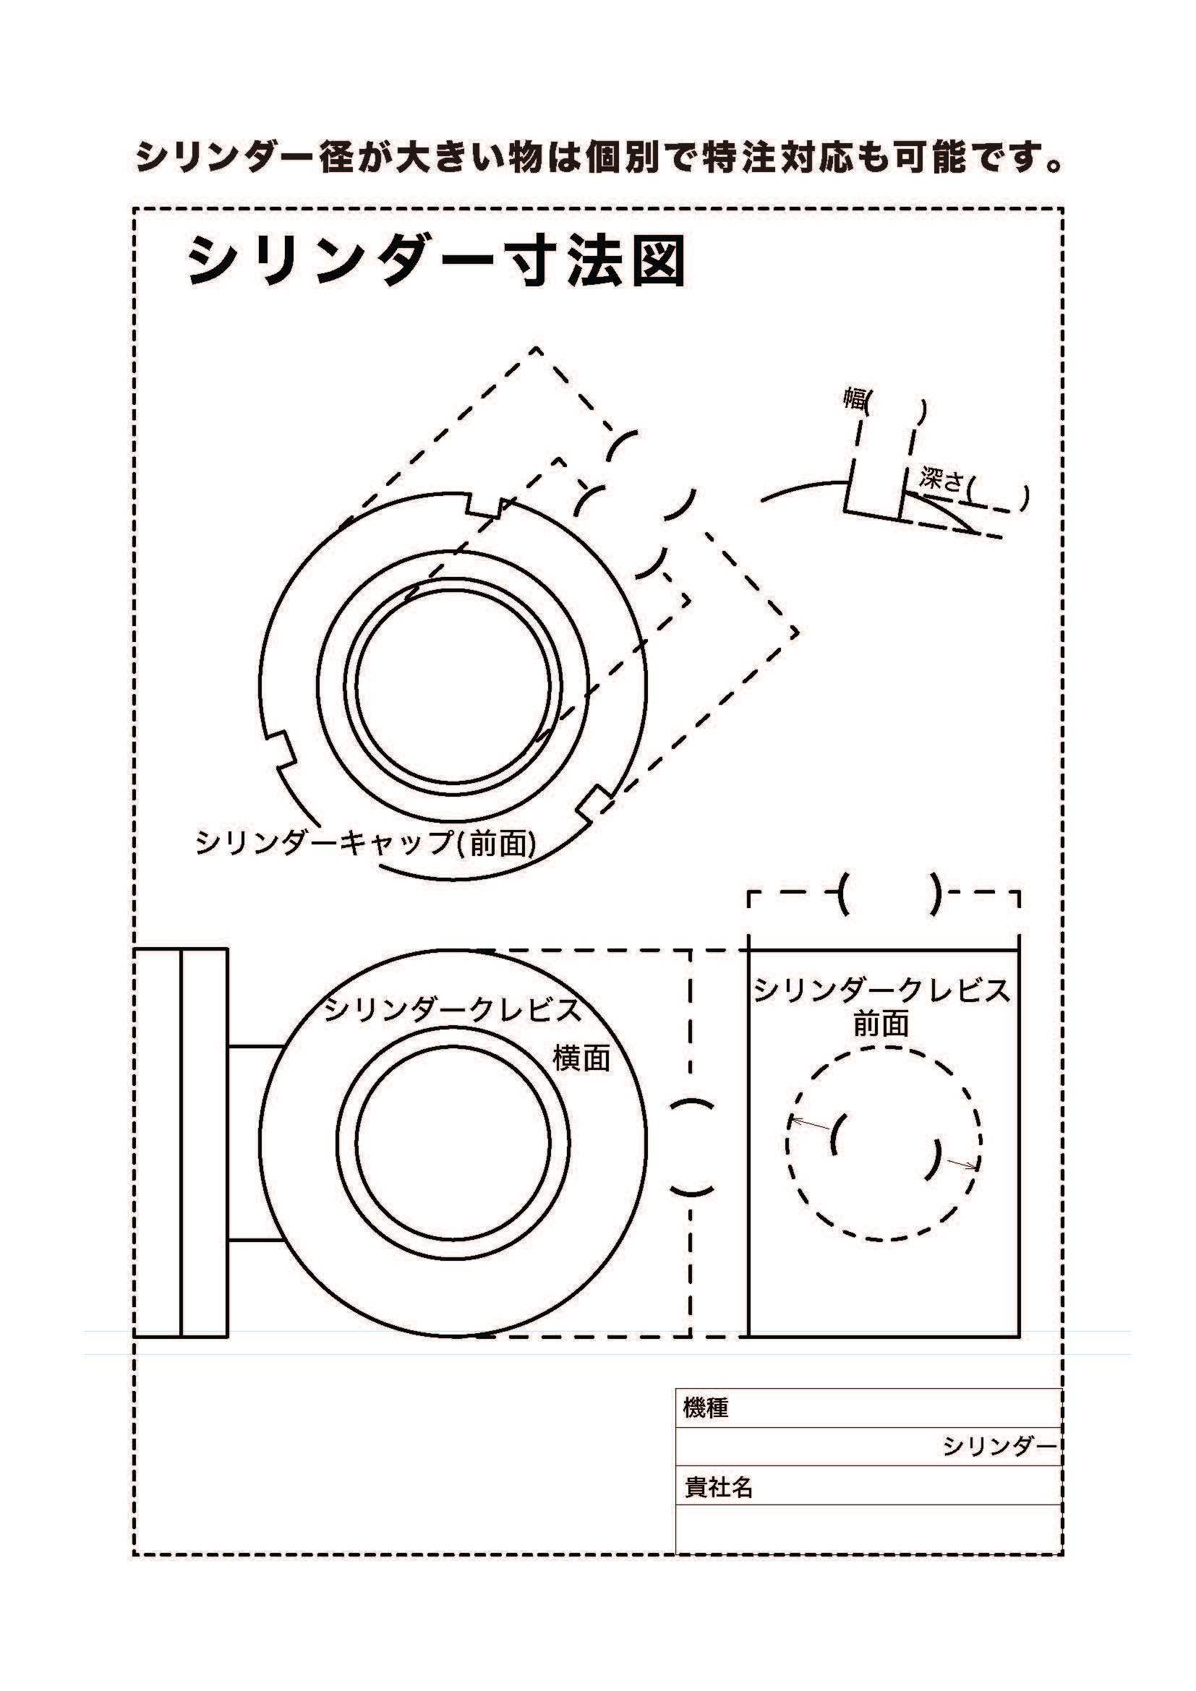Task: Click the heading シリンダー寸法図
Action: pos(436,262)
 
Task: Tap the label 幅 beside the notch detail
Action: pos(854,400)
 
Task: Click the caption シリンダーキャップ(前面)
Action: pos(365,842)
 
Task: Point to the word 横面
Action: pos(582,1058)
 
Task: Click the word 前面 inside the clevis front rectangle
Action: pos(881,1024)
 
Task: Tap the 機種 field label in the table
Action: pos(706,1408)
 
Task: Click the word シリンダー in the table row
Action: pos(999,1447)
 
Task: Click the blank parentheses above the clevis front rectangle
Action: pos(889,894)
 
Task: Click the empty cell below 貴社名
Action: pos(868,1528)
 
